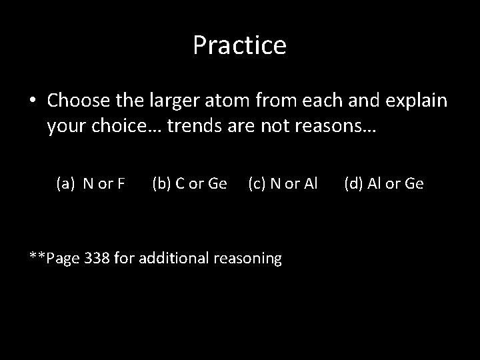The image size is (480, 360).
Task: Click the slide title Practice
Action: [239, 45]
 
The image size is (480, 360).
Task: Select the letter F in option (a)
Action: [121, 183]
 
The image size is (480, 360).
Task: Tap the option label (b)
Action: [163, 183]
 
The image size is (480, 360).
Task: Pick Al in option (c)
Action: [310, 183]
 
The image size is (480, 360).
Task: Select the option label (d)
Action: [355, 183]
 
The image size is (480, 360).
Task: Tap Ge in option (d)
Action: [413, 183]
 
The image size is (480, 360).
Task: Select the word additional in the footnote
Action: [175, 257]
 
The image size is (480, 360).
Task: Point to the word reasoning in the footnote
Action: [248, 257]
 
